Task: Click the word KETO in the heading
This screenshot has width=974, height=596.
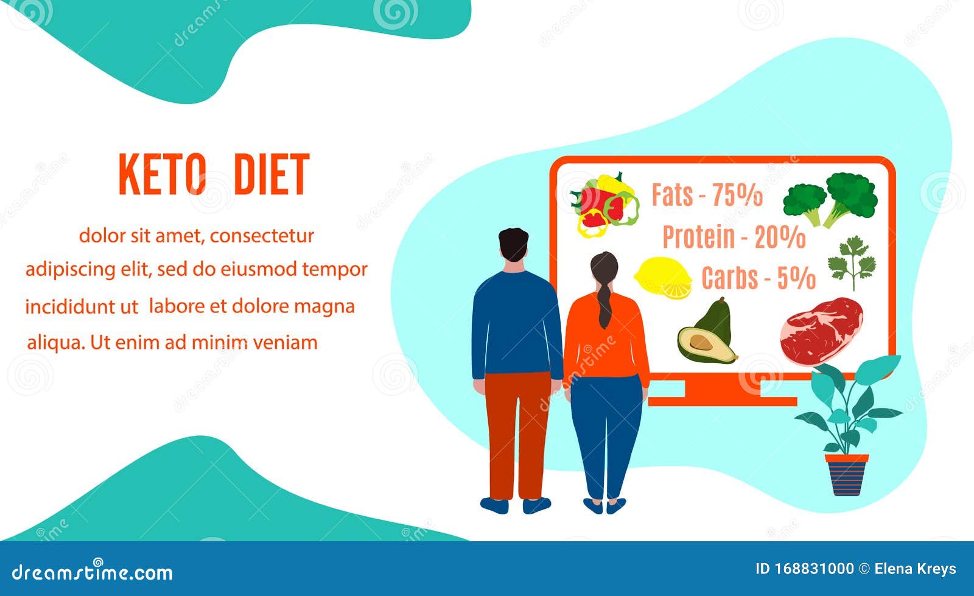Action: point(162,174)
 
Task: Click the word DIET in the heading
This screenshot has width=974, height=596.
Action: point(272,174)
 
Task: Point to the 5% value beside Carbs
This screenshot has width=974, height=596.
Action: point(796,278)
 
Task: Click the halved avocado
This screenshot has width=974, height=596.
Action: point(707,332)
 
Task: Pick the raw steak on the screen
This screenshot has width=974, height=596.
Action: point(821,331)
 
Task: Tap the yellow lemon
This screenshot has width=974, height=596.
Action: point(663,278)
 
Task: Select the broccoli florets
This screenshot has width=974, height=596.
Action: point(830,200)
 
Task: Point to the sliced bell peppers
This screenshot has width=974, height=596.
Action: point(604,205)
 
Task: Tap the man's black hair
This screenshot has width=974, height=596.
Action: point(514,244)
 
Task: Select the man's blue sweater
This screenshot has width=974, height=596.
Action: point(516,324)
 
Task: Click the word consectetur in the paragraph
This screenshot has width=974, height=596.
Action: point(262,236)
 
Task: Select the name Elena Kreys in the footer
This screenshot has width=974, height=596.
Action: point(916,569)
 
